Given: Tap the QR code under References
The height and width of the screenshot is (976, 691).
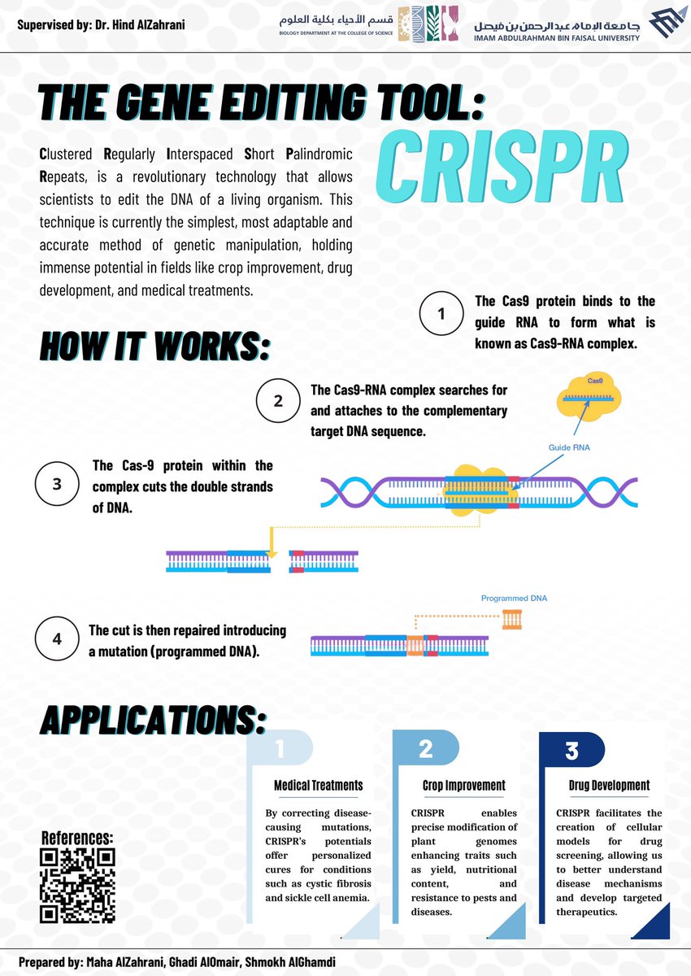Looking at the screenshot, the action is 77,886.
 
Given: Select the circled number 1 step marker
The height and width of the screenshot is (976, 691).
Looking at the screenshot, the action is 441,313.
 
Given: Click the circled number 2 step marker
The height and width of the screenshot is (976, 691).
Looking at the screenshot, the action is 278,400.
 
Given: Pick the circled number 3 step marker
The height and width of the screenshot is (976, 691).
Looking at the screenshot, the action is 57,484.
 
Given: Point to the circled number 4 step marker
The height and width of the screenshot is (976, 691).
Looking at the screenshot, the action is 57,638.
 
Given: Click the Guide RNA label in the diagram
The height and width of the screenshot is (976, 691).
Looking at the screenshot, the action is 568,447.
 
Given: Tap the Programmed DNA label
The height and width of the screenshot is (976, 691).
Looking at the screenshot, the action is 514,599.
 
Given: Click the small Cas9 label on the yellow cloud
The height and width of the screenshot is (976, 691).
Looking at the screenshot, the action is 595,381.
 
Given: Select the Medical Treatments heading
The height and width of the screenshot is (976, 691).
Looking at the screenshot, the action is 319,786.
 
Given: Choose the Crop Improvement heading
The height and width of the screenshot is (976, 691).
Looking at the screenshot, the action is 463,786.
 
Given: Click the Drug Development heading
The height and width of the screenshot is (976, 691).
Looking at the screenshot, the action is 609,786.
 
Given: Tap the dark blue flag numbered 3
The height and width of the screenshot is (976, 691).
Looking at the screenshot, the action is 571,750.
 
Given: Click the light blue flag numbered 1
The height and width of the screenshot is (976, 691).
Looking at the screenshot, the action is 280,748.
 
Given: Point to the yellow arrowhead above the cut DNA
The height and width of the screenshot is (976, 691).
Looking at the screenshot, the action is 272,554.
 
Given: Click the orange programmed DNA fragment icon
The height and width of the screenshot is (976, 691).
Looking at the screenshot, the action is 511,619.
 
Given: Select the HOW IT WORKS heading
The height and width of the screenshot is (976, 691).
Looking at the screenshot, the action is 154,346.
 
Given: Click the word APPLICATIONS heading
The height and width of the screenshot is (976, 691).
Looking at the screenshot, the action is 152,720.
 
